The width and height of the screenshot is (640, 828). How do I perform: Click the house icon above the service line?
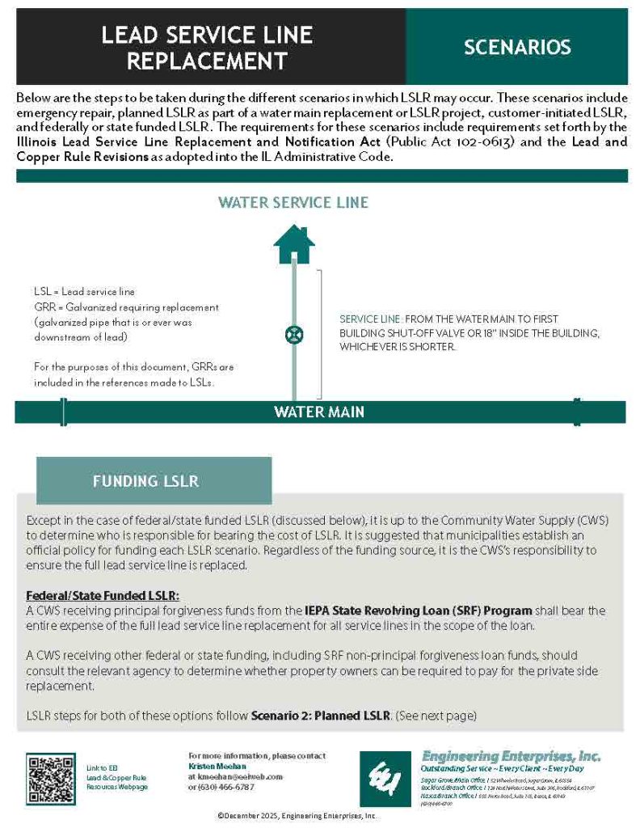pos(293,245)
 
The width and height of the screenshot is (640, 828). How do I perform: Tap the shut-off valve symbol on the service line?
pos(294,334)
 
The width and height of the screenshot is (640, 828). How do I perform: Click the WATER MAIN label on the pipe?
pos(319,412)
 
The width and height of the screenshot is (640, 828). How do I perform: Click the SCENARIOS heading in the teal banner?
pos(517,47)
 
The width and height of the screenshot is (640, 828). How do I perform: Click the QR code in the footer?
pos(50,777)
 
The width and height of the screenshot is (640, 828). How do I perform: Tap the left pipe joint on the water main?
pos(62,412)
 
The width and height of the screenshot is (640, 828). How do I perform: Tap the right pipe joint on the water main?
pos(575,412)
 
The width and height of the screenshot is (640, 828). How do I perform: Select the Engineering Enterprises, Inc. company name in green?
pos(511,755)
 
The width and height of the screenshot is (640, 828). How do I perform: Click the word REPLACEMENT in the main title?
pos(207,61)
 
